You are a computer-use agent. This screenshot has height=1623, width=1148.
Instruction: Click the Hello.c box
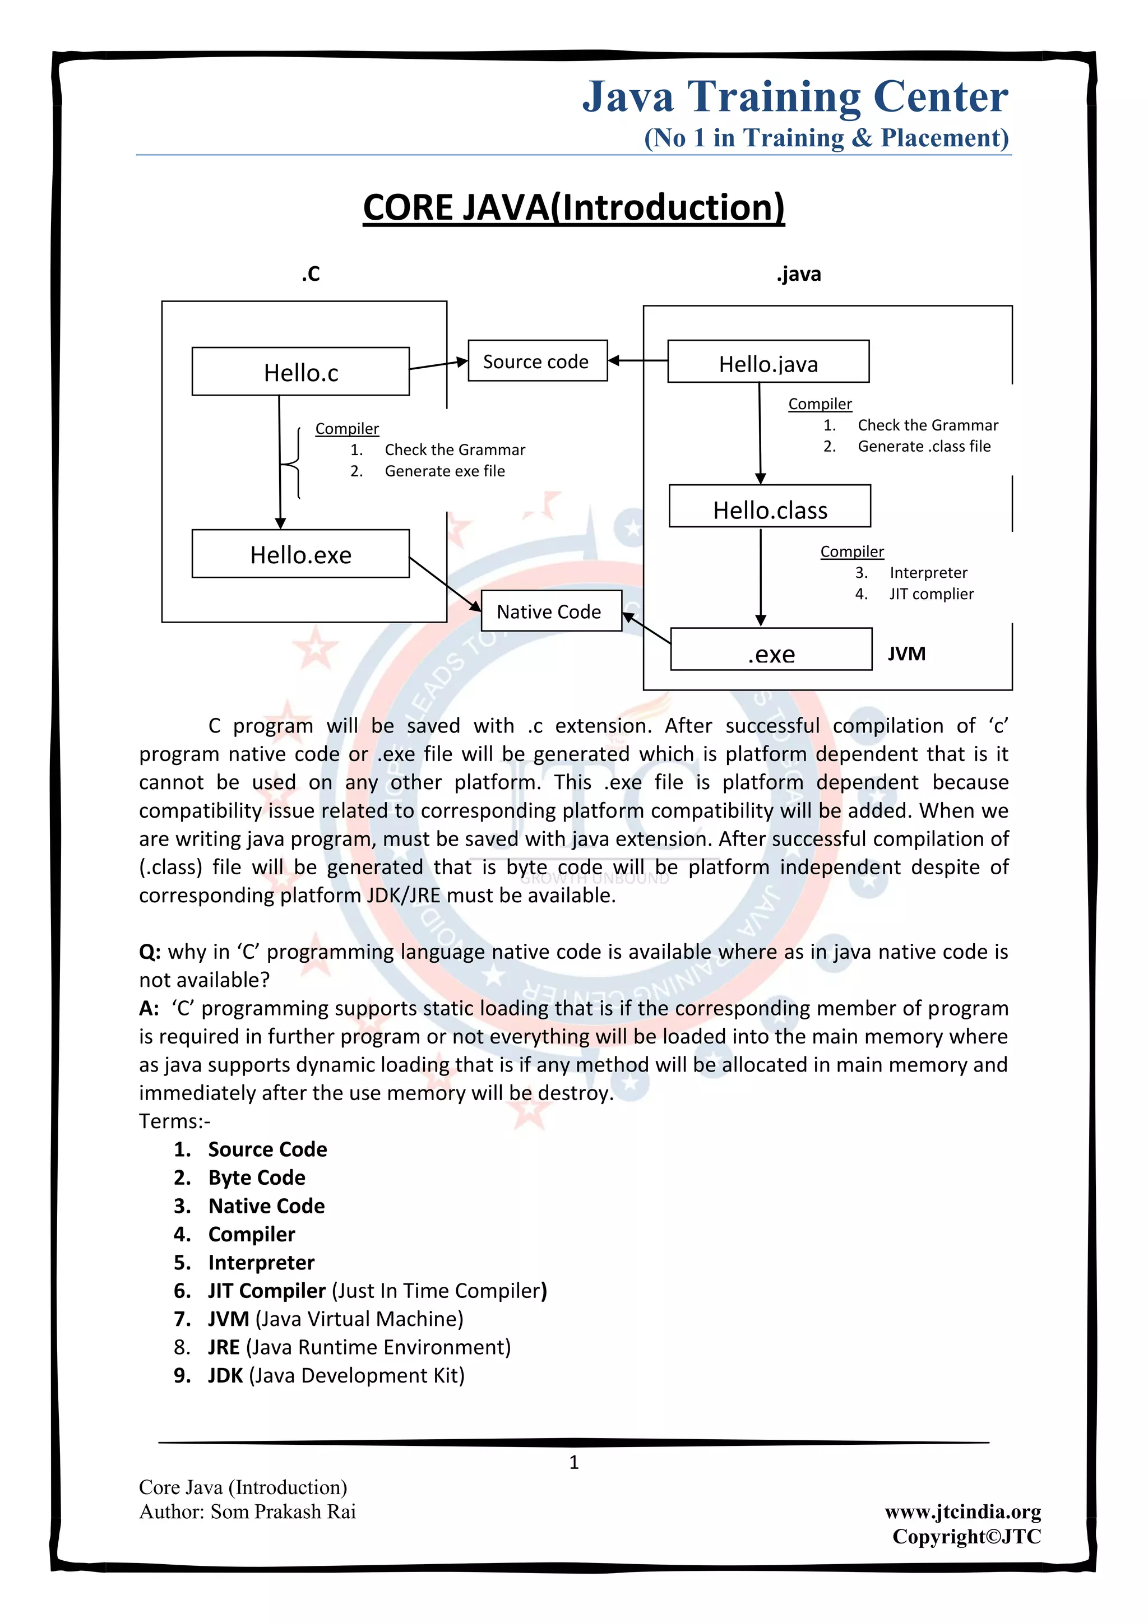pos(300,371)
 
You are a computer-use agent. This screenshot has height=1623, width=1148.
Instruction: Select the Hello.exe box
pos(300,554)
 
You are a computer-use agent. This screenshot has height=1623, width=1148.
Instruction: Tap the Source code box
pos(537,361)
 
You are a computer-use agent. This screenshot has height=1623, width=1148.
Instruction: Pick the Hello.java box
pos(769,362)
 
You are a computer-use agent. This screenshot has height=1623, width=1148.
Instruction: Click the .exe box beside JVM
pos(771,650)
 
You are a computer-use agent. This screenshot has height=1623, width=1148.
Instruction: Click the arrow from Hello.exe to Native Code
pos(445,584)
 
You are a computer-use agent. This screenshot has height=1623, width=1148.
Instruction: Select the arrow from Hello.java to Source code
pos(637,360)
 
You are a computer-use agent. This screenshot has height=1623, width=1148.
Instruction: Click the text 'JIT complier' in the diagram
pos(931,594)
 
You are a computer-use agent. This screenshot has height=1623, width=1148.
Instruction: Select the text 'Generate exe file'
pos(445,471)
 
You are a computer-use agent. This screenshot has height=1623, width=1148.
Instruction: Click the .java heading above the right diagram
pos(799,274)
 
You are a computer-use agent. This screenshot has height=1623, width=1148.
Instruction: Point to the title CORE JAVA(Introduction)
pos(573,208)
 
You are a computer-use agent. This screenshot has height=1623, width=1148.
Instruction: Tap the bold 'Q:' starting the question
pos(150,952)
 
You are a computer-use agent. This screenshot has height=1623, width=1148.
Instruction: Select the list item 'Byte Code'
pos(257,1177)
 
